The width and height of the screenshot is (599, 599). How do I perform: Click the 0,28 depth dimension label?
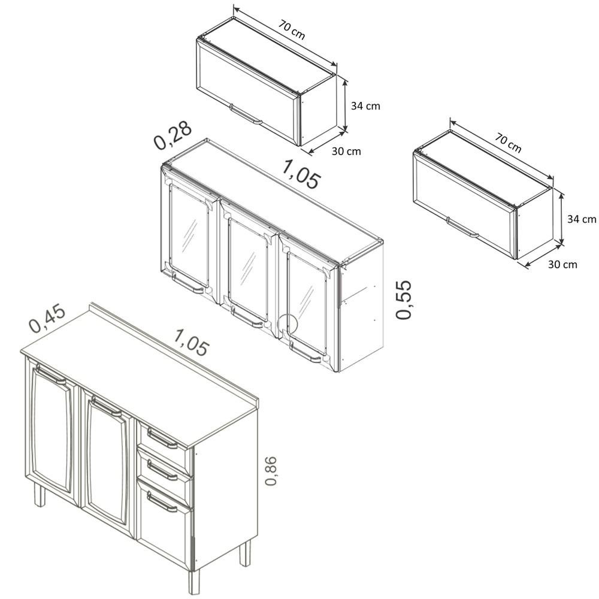[173, 135]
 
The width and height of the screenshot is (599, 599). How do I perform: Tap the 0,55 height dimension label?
[403, 300]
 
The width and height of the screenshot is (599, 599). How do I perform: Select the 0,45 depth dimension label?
[48, 319]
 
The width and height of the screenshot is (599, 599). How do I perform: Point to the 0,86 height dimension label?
[271, 471]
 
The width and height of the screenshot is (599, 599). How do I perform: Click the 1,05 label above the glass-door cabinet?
[301, 174]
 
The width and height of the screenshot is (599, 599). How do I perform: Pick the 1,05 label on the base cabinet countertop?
[192, 342]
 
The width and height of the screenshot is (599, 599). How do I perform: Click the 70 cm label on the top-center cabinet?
[292, 29]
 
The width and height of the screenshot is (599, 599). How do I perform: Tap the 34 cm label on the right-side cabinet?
[582, 219]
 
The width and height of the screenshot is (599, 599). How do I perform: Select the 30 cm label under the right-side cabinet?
[562, 264]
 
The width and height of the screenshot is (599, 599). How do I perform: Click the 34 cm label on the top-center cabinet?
[365, 106]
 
